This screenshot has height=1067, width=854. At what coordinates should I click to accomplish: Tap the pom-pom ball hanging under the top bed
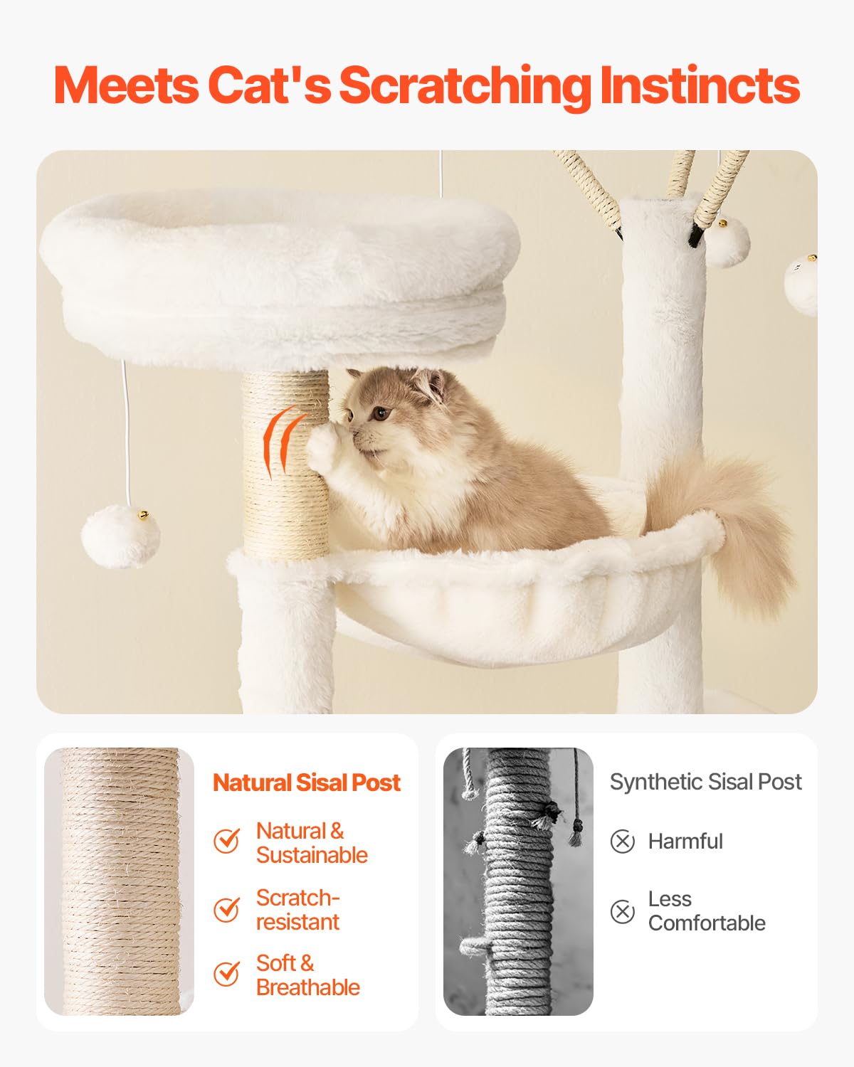120,536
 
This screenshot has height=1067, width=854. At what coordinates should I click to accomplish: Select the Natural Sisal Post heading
307,782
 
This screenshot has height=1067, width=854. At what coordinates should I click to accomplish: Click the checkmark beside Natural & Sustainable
227,841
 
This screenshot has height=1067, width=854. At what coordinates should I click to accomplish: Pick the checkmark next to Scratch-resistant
227,909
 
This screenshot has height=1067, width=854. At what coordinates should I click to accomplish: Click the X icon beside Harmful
623,842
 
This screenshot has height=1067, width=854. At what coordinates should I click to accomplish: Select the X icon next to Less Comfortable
623,911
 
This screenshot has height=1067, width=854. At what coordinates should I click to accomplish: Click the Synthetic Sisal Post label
705,782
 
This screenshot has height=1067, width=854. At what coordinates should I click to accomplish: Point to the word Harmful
685,842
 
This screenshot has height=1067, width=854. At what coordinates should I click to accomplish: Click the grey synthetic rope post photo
518,881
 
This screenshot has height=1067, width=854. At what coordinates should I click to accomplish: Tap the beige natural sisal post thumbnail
119,881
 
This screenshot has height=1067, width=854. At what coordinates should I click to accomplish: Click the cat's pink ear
429,384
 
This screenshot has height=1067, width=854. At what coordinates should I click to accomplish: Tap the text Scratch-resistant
297,910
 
